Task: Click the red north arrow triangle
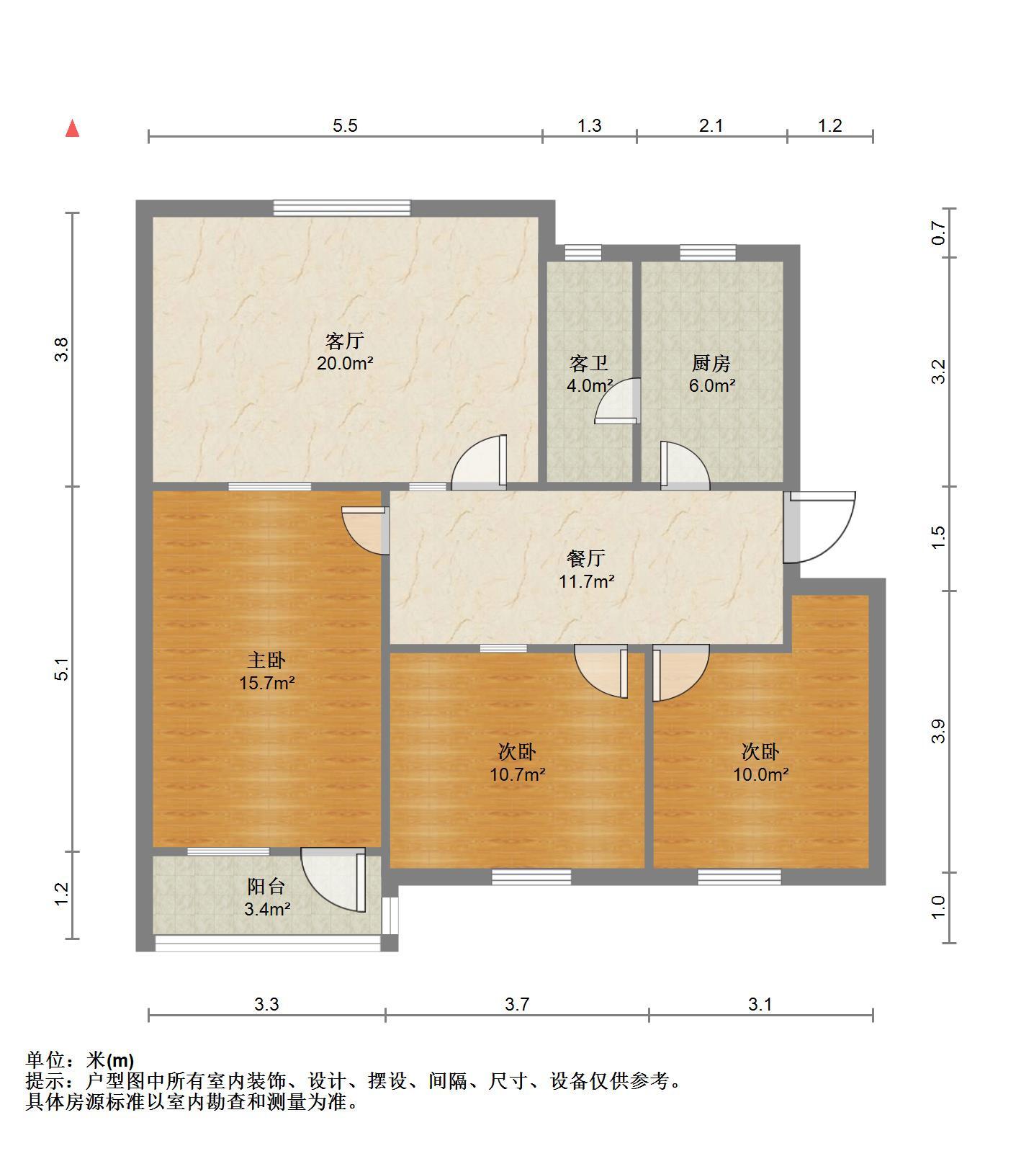(72, 129)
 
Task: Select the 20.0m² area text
(345, 364)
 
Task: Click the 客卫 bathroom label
(589, 363)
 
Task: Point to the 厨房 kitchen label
(711, 363)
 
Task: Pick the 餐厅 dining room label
(586, 558)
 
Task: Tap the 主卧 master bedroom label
(267, 660)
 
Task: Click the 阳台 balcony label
(266, 887)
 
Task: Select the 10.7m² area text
(518, 775)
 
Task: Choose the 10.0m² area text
(761, 775)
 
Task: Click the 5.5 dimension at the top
(345, 126)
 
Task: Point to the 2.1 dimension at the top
(711, 126)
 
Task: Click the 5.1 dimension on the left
(63, 670)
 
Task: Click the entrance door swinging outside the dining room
(819, 527)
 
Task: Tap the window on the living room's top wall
(342, 208)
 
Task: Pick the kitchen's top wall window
(708, 252)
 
